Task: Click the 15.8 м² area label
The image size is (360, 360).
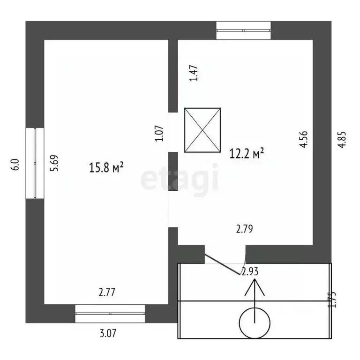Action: click(x=106, y=167)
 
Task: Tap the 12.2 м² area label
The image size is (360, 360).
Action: click(x=247, y=153)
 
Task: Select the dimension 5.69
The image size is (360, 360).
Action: click(x=55, y=163)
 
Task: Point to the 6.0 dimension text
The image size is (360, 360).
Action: click(x=15, y=165)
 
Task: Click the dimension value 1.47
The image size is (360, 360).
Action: click(x=193, y=73)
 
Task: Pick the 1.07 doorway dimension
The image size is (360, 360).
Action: click(x=159, y=133)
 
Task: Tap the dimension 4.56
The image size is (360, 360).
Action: click(x=303, y=139)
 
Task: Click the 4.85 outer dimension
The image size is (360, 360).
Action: click(x=342, y=140)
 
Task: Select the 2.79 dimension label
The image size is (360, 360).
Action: click(x=245, y=229)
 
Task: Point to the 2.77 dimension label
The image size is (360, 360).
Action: click(x=107, y=292)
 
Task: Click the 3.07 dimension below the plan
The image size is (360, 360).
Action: click(x=108, y=333)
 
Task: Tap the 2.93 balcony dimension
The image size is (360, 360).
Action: click(x=250, y=271)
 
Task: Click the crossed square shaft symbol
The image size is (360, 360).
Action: click(x=202, y=130)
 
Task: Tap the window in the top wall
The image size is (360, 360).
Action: click(x=244, y=30)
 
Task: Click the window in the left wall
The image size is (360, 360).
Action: click(x=35, y=163)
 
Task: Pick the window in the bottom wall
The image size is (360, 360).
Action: click(x=110, y=314)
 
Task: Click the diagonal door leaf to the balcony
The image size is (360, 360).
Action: click(x=222, y=264)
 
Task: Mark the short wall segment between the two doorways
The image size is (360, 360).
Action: click(x=173, y=171)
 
